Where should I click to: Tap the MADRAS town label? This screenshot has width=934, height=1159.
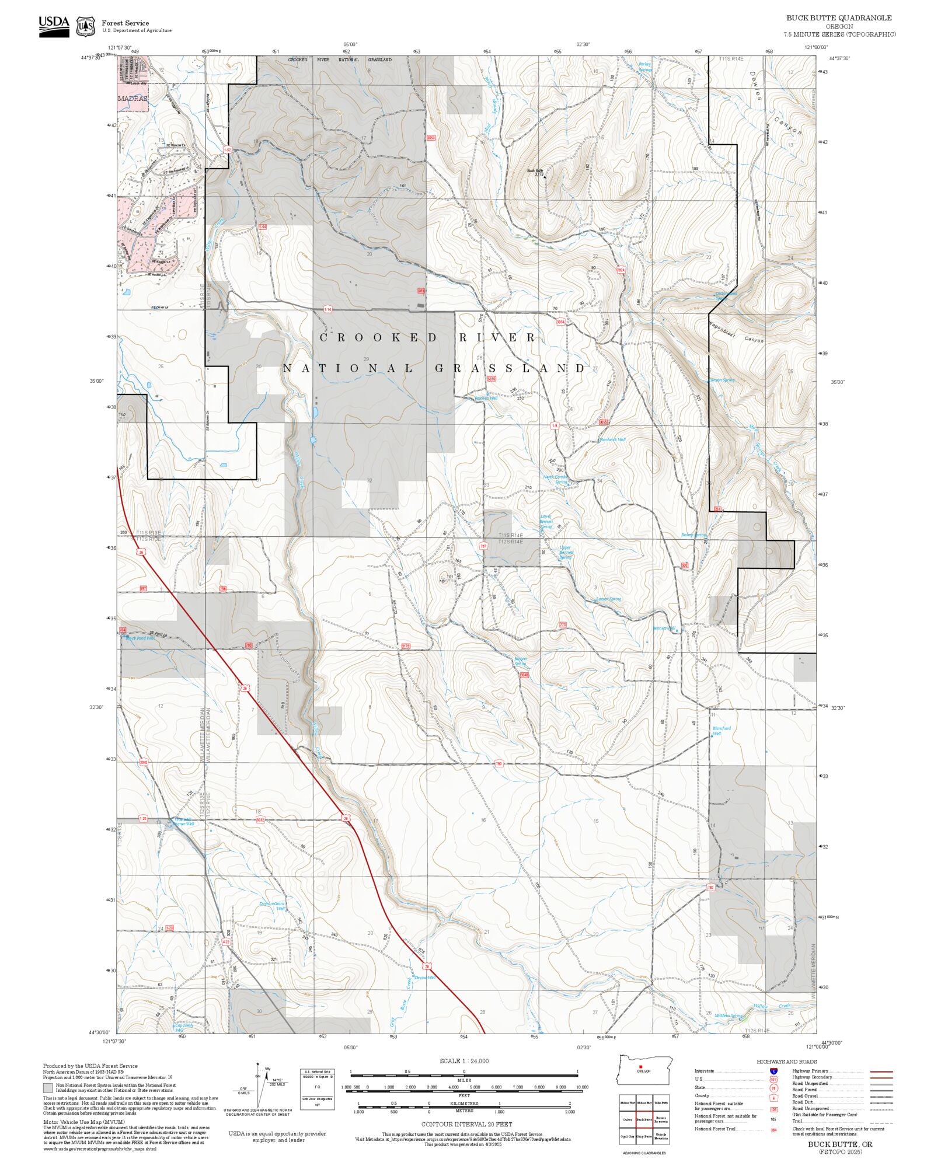(x=133, y=99)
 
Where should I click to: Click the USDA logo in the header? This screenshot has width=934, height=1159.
(x=54, y=26)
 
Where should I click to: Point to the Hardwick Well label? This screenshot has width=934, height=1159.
(x=612, y=439)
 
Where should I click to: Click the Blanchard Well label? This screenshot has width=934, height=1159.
(x=722, y=731)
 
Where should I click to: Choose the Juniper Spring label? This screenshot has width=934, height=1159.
(x=520, y=661)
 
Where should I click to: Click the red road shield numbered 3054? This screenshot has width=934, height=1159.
(x=560, y=322)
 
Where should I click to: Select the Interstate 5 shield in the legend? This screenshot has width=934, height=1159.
(x=773, y=1071)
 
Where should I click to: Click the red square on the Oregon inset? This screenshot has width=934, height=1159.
(x=640, y=1067)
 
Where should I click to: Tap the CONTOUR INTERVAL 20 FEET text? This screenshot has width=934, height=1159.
(x=466, y=1124)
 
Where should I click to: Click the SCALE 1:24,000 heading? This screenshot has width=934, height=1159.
(x=464, y=1061)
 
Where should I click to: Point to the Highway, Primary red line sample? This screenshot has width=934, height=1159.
(x=881, y=1071)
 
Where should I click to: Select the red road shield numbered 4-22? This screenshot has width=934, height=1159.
(x=226, y=941)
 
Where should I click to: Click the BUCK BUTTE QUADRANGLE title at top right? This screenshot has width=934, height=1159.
(x=839, y=18)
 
